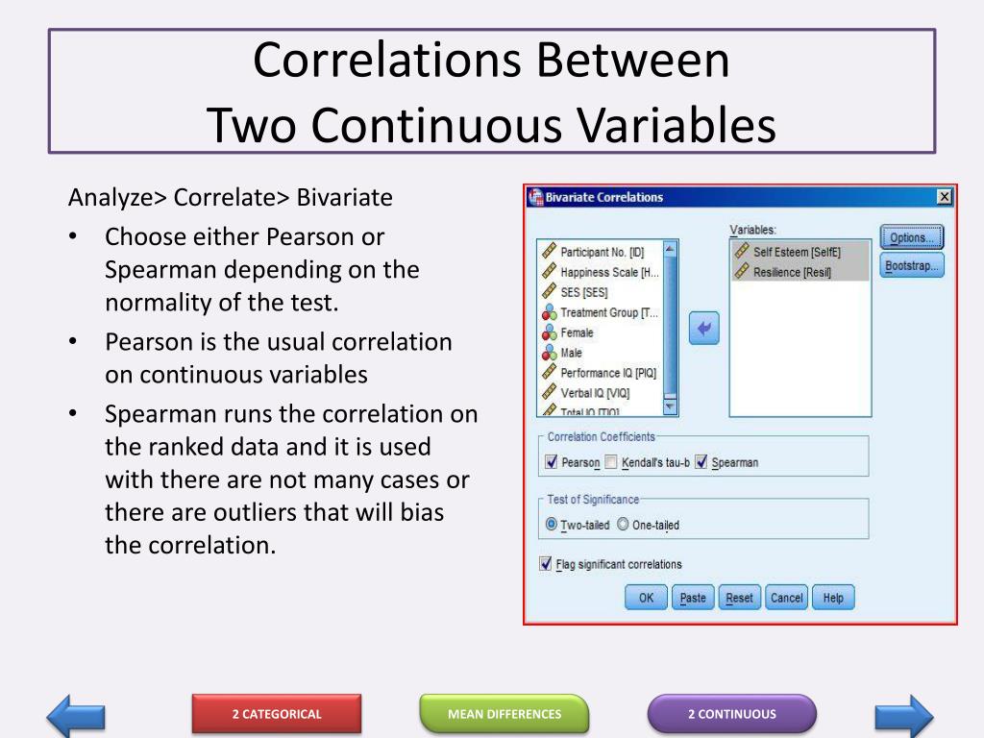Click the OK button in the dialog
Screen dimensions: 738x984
click(x=646, y=598)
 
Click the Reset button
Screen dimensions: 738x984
click(x=739, y=598)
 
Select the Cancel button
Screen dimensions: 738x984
click(x=786, y=598)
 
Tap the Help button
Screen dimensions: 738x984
click(x=833, y=598)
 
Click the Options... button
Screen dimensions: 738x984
click(x=911, y=237)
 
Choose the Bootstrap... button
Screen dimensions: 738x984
click(x=911, y=266)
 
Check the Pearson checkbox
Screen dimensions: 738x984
click(x=552, y=462)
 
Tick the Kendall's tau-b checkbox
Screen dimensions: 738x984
click(x=611, y=462)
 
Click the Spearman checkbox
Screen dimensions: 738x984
click(x=701, y=462)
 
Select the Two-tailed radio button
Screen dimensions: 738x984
click(x=552, y=525)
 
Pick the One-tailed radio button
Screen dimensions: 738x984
click(x=623, y=525)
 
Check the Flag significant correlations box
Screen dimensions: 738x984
click(x=546, y=564)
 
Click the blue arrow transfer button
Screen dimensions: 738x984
click(x=703, y=330)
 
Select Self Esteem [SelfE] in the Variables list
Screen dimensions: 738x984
click(x=796, y=252)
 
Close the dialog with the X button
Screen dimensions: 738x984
click(x=944, y=197)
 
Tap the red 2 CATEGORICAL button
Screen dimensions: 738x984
click(x=277, y=714)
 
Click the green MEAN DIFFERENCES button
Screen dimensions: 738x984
click(x=504, y=714)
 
